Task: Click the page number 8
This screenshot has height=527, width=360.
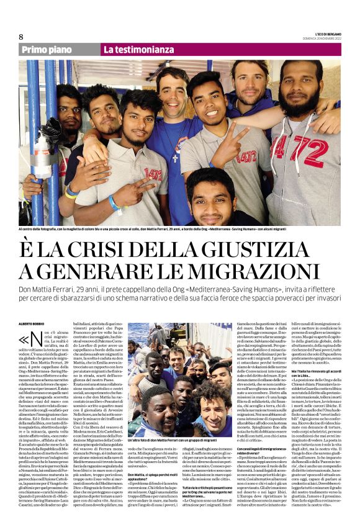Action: point(21,37)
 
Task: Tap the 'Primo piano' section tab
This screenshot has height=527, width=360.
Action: point(48,50)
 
